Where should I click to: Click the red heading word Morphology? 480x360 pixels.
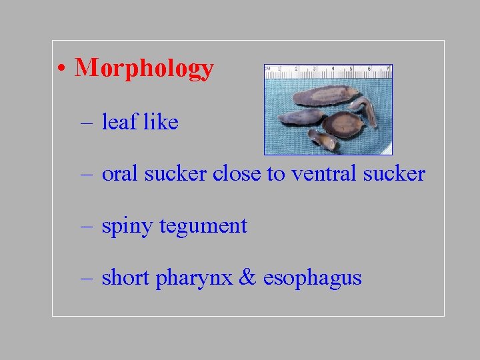[144, 68]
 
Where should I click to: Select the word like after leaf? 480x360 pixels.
[161, 122]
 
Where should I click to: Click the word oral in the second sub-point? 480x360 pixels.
[120, 174]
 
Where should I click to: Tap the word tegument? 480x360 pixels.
[203, 226]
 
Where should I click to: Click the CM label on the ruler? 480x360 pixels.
[268, 69]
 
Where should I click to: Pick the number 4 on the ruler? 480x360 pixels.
[333, 69]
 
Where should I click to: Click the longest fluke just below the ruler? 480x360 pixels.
[325, 95]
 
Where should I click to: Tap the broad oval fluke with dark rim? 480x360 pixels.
[342, 123]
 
